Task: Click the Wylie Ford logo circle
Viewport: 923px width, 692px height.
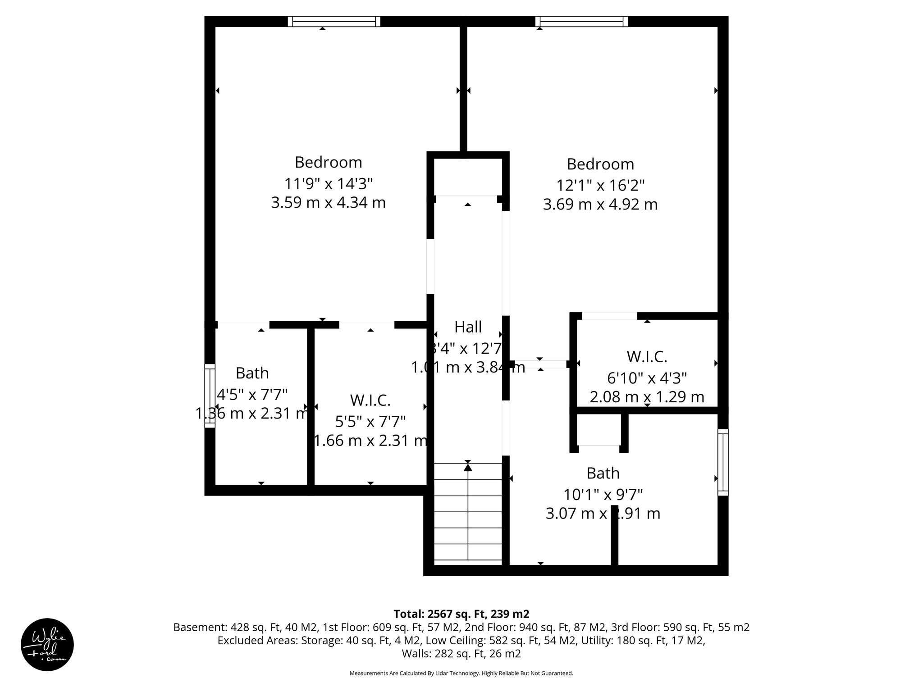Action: [x=47, y=644]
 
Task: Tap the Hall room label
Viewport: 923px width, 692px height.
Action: [x=468, y=327]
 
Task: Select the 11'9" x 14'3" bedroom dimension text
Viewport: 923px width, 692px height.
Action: [x=328, y=184]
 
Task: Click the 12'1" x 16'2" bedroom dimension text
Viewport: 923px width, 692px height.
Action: [x=600, y=186]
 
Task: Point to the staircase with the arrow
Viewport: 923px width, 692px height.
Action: [x=468, y=514]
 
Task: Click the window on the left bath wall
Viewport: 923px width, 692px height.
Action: [x=210, y=396]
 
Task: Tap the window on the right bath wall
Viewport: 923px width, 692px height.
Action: [x=722, y=462]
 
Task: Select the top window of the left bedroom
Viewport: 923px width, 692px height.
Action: [x=334, y=21]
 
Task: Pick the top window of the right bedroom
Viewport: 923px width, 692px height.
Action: [x=581, y=21]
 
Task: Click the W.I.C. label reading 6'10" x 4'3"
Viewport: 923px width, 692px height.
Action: [x=647, y=378]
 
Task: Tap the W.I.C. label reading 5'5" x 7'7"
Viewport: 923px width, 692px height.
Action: [x=370, y=421]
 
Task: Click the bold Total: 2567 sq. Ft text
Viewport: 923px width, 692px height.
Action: [x=461, y=614]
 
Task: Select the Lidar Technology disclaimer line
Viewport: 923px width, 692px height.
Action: [x=461, y=673]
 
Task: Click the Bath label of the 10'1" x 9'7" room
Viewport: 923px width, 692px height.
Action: [x=603, y=473]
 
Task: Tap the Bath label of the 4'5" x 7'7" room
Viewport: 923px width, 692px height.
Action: [x=252, y=373]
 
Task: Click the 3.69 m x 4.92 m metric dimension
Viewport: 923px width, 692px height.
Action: [x=600, y=205]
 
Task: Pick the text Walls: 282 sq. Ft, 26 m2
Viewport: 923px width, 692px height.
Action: [x=461, y=653]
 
